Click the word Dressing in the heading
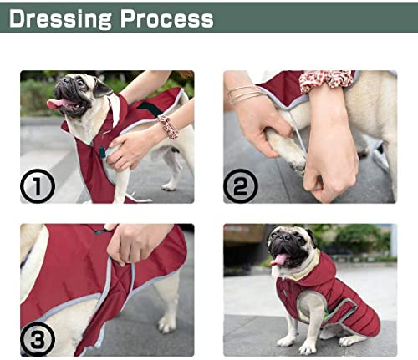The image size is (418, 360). pyautogui.click(x=62, y=18)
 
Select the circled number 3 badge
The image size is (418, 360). pyautogui.click(x=38, y=338)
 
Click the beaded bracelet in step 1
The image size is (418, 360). pyautogui.click(x=169, y=126)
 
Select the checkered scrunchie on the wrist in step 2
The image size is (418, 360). pyautogui.click(x=328, y=79)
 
